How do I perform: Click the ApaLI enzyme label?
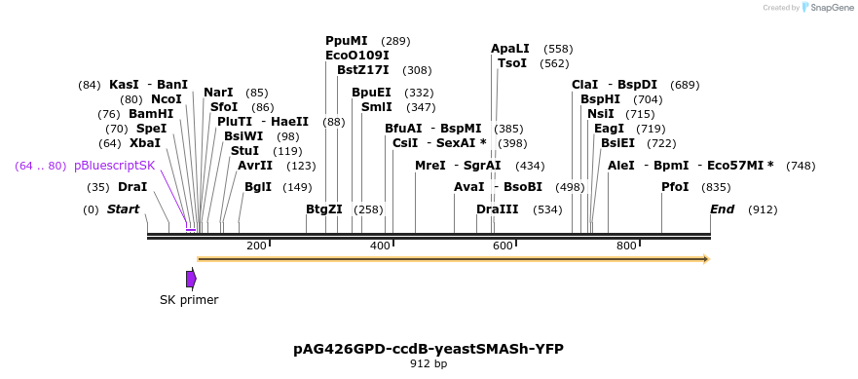coord(510,48)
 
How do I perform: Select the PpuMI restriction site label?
coord(347,41)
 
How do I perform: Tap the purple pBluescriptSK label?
coord(114,166)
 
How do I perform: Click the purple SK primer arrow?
coord(191,279)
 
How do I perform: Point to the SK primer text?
coord(189,300)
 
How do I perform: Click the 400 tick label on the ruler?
coord(380,246)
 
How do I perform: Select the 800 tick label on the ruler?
coord(626,246)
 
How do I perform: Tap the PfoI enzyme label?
coord(675,187)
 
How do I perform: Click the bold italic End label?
coord(722,209)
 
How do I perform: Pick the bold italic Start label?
coord(123,209)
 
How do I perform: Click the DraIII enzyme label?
coord(498,209)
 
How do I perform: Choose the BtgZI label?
coord(324,209)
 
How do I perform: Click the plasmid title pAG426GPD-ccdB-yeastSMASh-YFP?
coord(429,348)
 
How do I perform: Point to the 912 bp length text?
coord(429,364)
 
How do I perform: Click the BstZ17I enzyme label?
coord(363,70)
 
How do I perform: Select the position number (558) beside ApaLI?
coord(558,48)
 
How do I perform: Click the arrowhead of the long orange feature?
coord(705,259)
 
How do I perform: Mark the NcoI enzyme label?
coord(166,99)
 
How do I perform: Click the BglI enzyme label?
coord(258,187)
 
